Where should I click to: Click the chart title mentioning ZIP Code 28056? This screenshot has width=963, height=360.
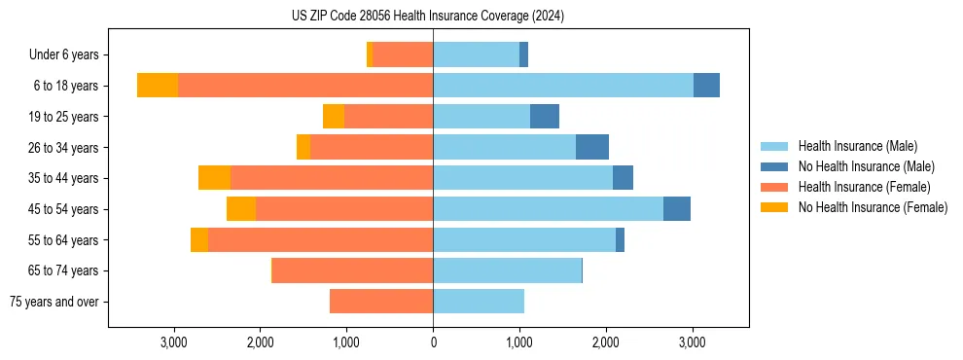[428, 17]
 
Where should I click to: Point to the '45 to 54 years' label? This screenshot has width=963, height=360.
[63, 209]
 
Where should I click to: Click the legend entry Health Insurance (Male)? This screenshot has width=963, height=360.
[857, 146]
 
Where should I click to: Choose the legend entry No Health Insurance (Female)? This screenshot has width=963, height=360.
[873, 207]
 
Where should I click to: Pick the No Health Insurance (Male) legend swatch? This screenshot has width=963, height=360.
[776, 166]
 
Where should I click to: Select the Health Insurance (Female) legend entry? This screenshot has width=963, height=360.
[864, 187]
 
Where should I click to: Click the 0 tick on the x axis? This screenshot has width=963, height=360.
[433, 342]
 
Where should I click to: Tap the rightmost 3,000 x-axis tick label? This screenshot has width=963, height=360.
[692, 342]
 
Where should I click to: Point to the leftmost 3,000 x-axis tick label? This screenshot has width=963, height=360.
[174, 342]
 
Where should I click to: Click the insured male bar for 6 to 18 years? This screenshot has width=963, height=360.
[563, 86]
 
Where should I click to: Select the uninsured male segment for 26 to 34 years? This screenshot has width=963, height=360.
[592, 147]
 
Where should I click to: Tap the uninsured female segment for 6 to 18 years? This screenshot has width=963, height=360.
[158, 86]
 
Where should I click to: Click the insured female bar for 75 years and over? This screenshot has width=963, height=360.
[381, 302]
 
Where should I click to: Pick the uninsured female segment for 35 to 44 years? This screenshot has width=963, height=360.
[214, 178]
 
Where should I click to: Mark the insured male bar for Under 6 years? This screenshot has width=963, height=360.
[476, 54]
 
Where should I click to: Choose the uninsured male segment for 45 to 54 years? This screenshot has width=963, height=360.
[677, 209]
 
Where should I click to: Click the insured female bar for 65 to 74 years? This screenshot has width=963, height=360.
[353, 270]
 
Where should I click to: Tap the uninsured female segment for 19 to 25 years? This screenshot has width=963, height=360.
[334, 117]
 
